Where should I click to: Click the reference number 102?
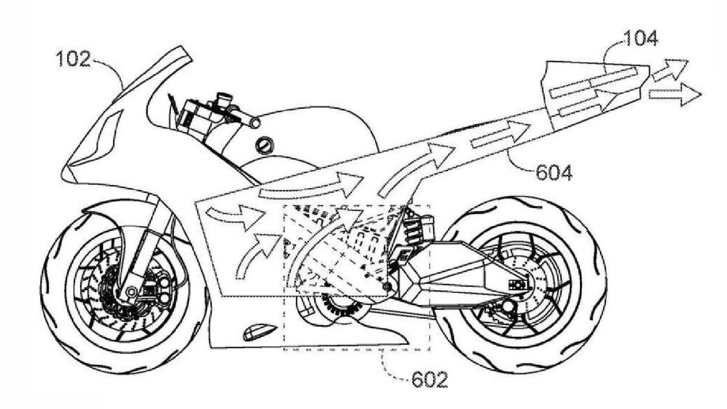coord(74,60)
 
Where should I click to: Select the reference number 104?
coord(640,39)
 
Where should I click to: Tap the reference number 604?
coord(554,173)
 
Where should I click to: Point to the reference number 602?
coord(429,379)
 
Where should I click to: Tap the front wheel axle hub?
coord(131,291)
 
